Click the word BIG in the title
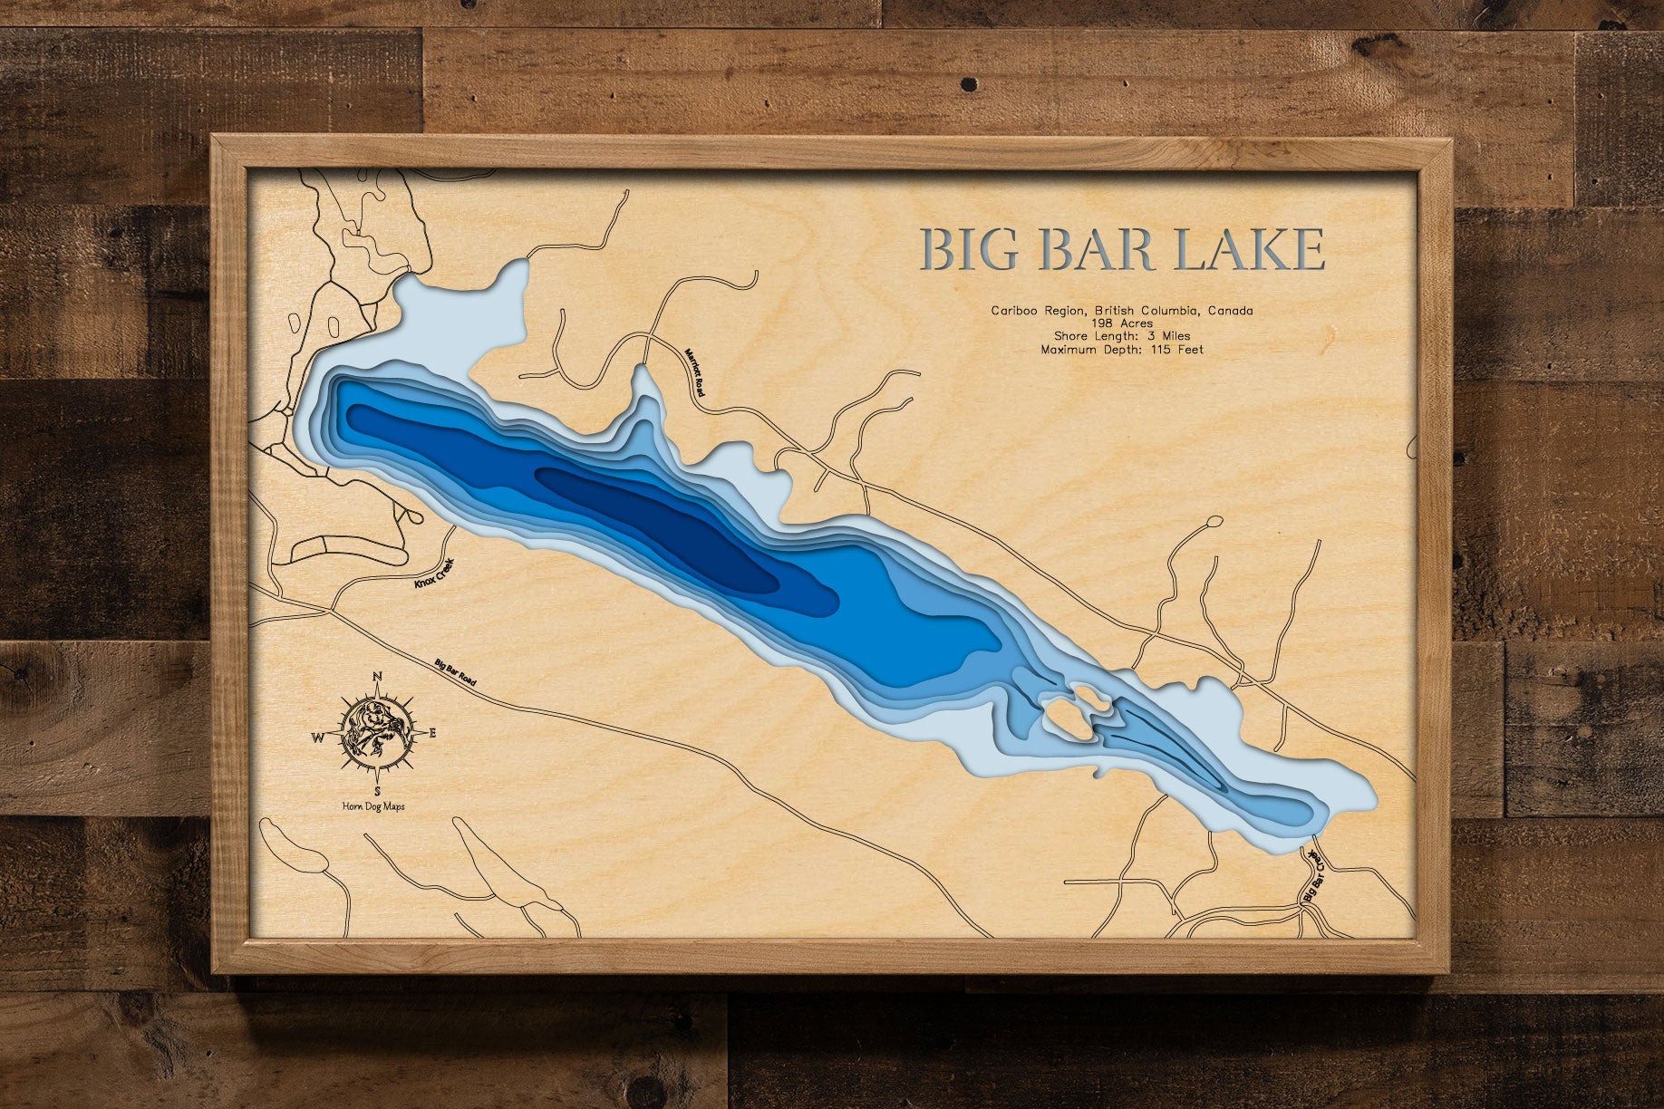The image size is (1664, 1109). coord(972,249)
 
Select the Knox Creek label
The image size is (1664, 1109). coord(432,574)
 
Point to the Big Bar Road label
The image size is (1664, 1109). coord(455,674)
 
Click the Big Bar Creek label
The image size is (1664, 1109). coord(1312,875)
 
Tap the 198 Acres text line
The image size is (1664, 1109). coord(1122,323)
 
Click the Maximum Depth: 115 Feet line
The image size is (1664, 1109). coord(1122,349)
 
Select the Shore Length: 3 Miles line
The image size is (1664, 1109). coord(1122,336)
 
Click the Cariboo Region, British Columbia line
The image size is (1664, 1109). coord(1122,311)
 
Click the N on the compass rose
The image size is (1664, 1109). coord(378,676)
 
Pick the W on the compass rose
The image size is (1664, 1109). coord(319,738)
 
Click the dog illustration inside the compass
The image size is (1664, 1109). coord(376,732)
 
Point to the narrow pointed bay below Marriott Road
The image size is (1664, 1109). coord(643,390)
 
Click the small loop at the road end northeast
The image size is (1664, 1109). coord(1214,521)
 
